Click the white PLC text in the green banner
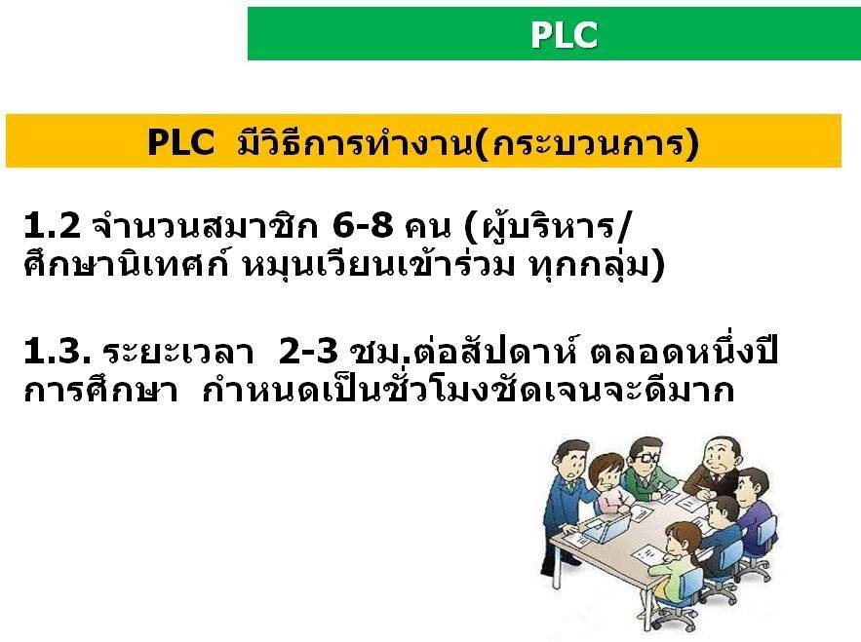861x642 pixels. pyautogui.click(x=564, y=34)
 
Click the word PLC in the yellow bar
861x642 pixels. pyautogui.click(x=180, y=142)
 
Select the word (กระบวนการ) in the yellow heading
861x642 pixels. pyautogui.click(x=587, y=144)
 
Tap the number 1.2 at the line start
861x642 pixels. pyautogui.click(x=52, y=225)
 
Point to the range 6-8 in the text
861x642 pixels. pyautogui.click(x=363, y=225)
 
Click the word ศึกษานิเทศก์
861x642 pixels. pyautogui.click(x=126, y=265)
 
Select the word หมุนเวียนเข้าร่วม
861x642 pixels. pyautogui.click(x=379, y=265)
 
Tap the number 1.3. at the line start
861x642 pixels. pyautogui.click(x=58, y=351)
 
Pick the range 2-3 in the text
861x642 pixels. pyautogui.click(x=308, y=351)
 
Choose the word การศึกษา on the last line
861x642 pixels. pyautogui.click(x=101, y=391)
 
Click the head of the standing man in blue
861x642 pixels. pyautogui.click(x=572, y=459)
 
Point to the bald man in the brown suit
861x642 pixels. pyautogui.click(x=714, y=467)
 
